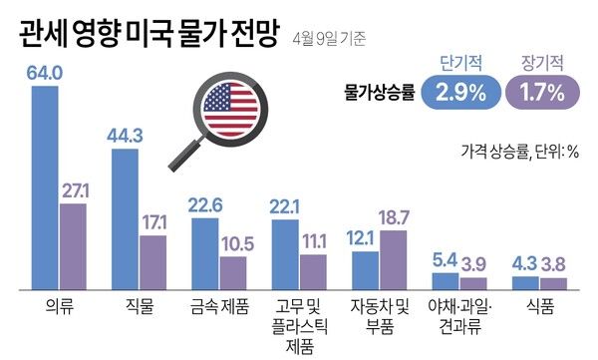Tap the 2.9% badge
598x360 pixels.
(x=459, y=93)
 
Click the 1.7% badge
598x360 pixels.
(x=542, y=93)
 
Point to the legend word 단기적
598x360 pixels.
(x=459, y=62)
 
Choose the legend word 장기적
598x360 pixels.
(x=542, y=62)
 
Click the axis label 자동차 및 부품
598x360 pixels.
(x=380, y=309)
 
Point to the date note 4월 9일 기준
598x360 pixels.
(x=330, y=38)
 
